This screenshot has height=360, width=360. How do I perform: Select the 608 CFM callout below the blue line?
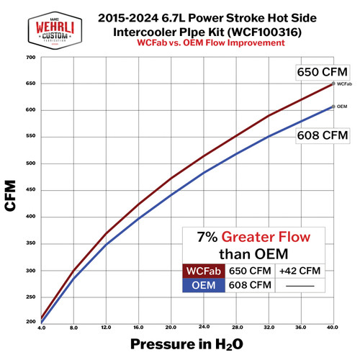click(x=318, y=135)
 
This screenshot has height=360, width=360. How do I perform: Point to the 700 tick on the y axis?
click(x=31, y=58)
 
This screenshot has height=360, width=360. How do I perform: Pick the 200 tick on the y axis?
click(x=31, y=323)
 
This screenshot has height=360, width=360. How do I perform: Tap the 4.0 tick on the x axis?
click(x=42, y=328)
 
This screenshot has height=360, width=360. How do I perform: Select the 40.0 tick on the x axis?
click(x=330, y=328)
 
